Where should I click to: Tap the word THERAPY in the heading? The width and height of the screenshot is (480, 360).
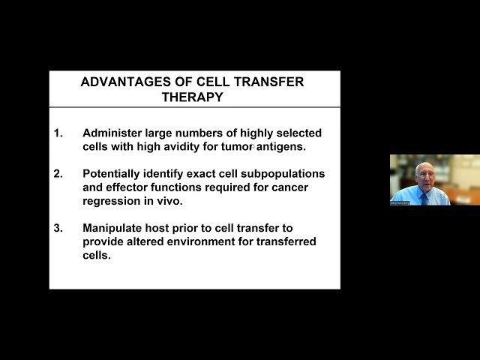[x=192, y=97]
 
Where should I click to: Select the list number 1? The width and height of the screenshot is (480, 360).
[x=58, y=133]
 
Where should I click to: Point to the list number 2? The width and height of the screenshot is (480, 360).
[x=58, y=173]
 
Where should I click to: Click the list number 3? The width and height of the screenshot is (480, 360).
[x=58, y=227]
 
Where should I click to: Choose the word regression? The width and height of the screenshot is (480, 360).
[x=112, y=201]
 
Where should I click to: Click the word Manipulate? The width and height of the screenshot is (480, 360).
[x=112, y=227]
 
